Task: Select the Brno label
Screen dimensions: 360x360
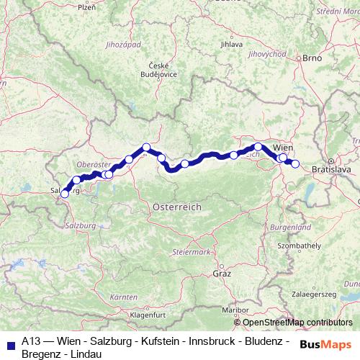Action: pos(312,57)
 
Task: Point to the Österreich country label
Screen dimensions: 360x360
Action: pos(177,207)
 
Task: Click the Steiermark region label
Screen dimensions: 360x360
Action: pos(192,252)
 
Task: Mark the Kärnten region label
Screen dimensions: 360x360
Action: pos(124,297)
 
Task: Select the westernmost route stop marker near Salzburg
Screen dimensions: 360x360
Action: pos(65,193)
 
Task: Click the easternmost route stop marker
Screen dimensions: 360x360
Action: pos(295,163)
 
